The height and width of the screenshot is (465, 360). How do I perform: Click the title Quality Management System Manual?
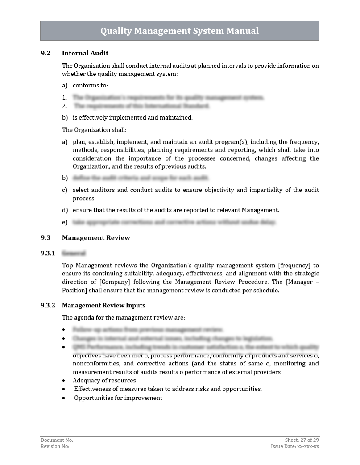tap(179, 31)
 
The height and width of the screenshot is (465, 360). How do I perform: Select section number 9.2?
tap(45, 53)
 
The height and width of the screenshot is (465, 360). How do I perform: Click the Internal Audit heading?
tap(85, 53)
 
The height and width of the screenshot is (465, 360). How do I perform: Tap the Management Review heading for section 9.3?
tap(96, 237)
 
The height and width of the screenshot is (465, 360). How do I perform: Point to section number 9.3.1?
tap(47, 253)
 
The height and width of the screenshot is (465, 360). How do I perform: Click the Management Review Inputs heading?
tap(103, 306)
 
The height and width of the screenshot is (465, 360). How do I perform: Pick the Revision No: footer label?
tap(55, 446)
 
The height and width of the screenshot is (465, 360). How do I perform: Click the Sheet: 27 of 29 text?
tap(302, 440)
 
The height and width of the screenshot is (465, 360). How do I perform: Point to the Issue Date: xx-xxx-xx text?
tap(294, 446)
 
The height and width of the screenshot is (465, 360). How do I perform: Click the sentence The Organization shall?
tap(94, 130)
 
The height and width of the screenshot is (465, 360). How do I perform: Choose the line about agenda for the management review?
tap(123, 318)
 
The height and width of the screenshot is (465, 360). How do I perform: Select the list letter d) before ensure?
tap(65, 210)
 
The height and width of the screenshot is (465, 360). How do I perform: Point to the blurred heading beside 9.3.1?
tap(74, 253)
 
